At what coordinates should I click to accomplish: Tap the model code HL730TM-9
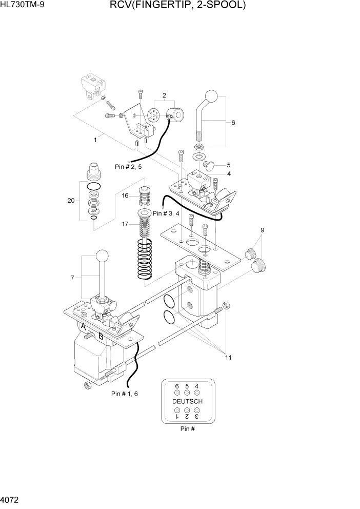pyautogui.click(x=22, y=6)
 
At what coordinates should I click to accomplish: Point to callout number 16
pyautogui.click(x=125, y=195)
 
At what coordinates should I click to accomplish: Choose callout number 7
pyautogui.click(x=72, y=278)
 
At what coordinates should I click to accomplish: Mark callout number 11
pyautogui.click(x=227, y=358)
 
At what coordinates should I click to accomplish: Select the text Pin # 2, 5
pyautogui.click(x=128, y=166)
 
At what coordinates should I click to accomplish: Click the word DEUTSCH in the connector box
pyautogui.click(x=187, y=401)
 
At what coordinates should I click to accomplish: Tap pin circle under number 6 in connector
pyautogui.click(x=177, y=393)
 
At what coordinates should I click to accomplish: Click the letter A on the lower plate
pyautogui.click(x=83, y=326)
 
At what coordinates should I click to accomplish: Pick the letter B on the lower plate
pyautogui.click(x=101, y=337)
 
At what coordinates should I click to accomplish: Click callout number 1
pyautogui.click(x=95, y=139)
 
